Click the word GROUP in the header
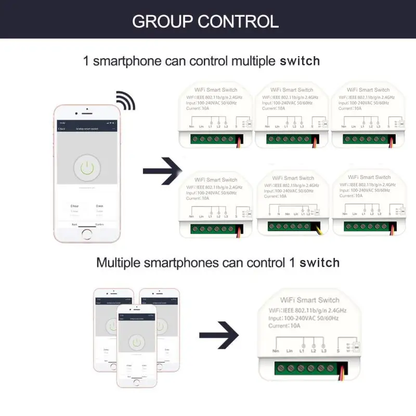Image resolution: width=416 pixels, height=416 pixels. click(162, 21)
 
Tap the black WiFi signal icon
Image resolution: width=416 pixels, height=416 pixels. click(125, 100)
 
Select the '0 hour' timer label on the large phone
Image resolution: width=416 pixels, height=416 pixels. click(75, 206)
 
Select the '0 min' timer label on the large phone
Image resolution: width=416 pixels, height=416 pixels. click(99, 206)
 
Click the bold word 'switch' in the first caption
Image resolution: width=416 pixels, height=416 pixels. click(300, 61)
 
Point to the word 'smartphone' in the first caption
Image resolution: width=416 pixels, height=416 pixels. click(126, 61)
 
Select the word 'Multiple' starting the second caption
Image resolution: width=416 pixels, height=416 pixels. click(118, 263)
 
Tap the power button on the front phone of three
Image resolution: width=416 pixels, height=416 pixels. click(137, 342)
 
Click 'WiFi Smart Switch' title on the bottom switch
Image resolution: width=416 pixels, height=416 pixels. click(309, 300)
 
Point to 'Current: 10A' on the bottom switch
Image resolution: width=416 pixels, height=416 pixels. click(284, 326)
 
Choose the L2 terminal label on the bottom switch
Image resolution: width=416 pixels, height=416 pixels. click(313, 352)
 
